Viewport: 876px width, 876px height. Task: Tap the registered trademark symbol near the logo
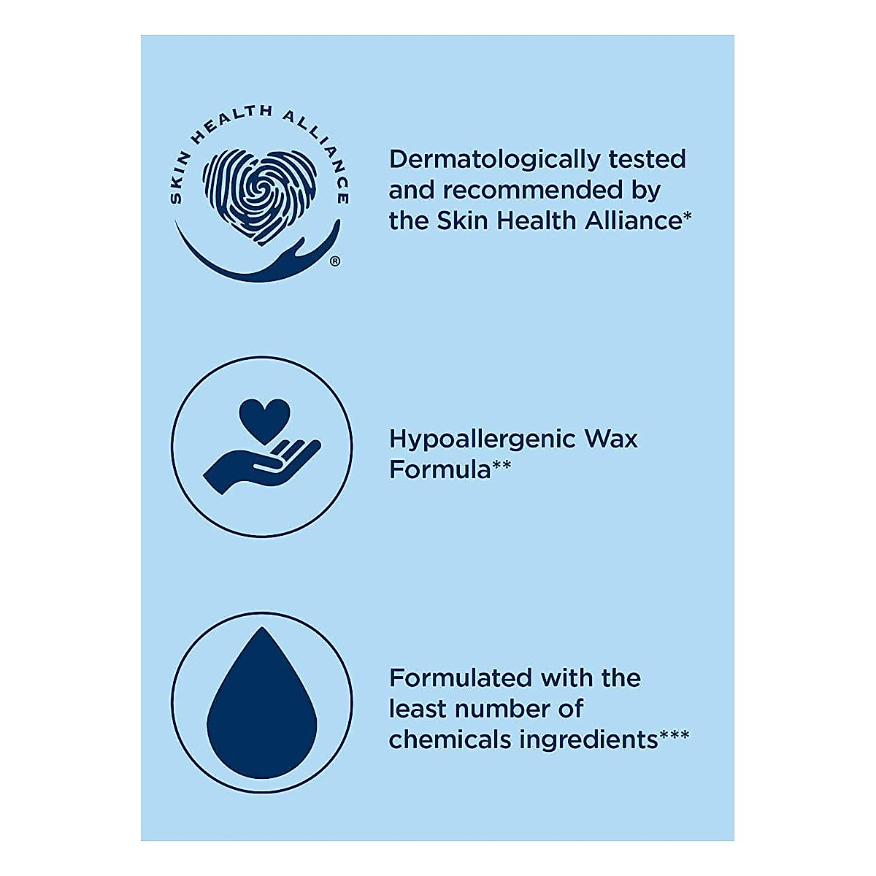click(x=335, y=261)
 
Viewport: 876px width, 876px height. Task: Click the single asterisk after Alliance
click(x=687, y=216)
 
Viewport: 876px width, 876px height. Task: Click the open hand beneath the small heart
click(x=259, y=464)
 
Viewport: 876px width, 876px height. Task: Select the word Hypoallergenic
click(x=481, y=439)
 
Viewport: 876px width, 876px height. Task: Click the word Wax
click(x=611, y=439)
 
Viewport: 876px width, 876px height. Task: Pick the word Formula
click(x=439, y=469)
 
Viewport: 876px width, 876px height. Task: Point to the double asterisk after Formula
click(x=502, y=465)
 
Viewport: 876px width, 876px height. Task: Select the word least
click(x=415, y=709)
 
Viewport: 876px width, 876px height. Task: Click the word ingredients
click(x=588, y=740)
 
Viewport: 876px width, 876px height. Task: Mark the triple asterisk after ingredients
click(x=675, y=735)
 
